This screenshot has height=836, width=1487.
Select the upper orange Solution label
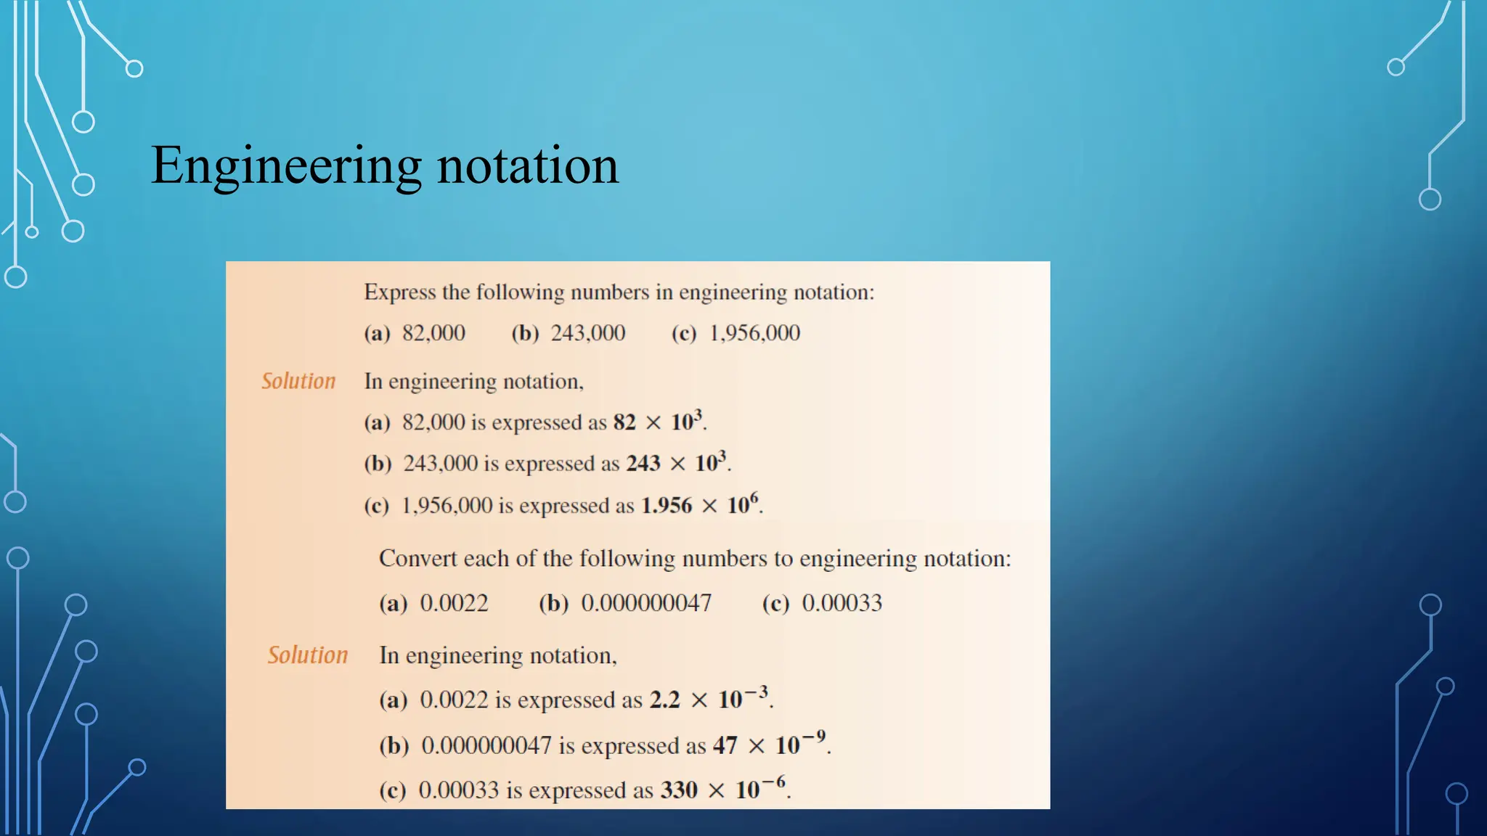(298, 381)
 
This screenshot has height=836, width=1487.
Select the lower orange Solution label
(308, 655)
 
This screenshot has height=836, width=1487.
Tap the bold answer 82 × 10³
(658, 422)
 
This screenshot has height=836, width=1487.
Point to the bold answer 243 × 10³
(676, 463)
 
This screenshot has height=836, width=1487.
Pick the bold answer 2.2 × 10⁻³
(709, 700)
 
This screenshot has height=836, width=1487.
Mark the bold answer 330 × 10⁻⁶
(722, 790)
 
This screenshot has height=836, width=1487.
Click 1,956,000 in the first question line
(754, 333)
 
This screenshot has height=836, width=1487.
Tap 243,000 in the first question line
(587, 333)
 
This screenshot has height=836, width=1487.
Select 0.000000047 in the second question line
(646, 603)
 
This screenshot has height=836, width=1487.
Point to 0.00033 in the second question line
(842, 603)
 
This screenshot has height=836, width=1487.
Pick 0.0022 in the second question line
(454, 603)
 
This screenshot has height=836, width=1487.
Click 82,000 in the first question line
(433, 333)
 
